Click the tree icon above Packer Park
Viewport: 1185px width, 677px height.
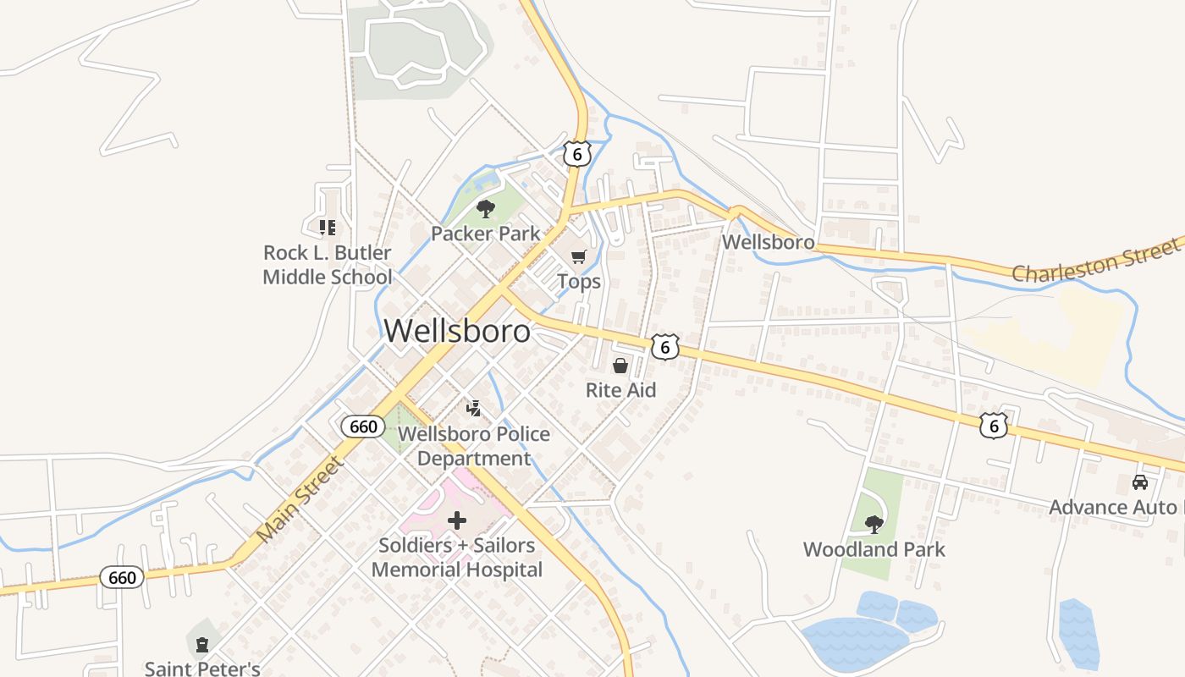point(485,208)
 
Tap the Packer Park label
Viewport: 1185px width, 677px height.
point(485,234)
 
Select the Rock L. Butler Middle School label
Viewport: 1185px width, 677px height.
point(328,265)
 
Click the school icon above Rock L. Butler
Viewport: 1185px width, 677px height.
point(327,227)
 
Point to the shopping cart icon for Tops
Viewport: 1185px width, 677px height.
point(578,256)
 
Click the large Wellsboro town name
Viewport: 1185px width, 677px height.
point(457,331)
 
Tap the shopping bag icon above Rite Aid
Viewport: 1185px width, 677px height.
point(620,366)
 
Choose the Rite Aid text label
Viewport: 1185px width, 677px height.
point(620,390)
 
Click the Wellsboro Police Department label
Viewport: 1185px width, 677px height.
point(474,446)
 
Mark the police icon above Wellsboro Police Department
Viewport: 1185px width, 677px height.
point(474,409)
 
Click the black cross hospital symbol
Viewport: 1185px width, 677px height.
point(457,520)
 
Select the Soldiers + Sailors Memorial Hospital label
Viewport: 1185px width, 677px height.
point(457,558)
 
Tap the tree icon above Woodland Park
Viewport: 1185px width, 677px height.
point(874,525)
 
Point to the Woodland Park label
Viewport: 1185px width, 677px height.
point(874,549)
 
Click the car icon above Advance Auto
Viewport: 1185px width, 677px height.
point(1140,482)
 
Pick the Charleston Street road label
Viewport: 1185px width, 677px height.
point(1095,261)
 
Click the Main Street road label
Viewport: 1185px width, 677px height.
point(300,500)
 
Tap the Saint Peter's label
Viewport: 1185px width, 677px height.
point(202,669)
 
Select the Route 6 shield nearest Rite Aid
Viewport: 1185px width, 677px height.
point(666,346)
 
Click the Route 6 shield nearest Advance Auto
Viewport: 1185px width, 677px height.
point(994,426)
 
